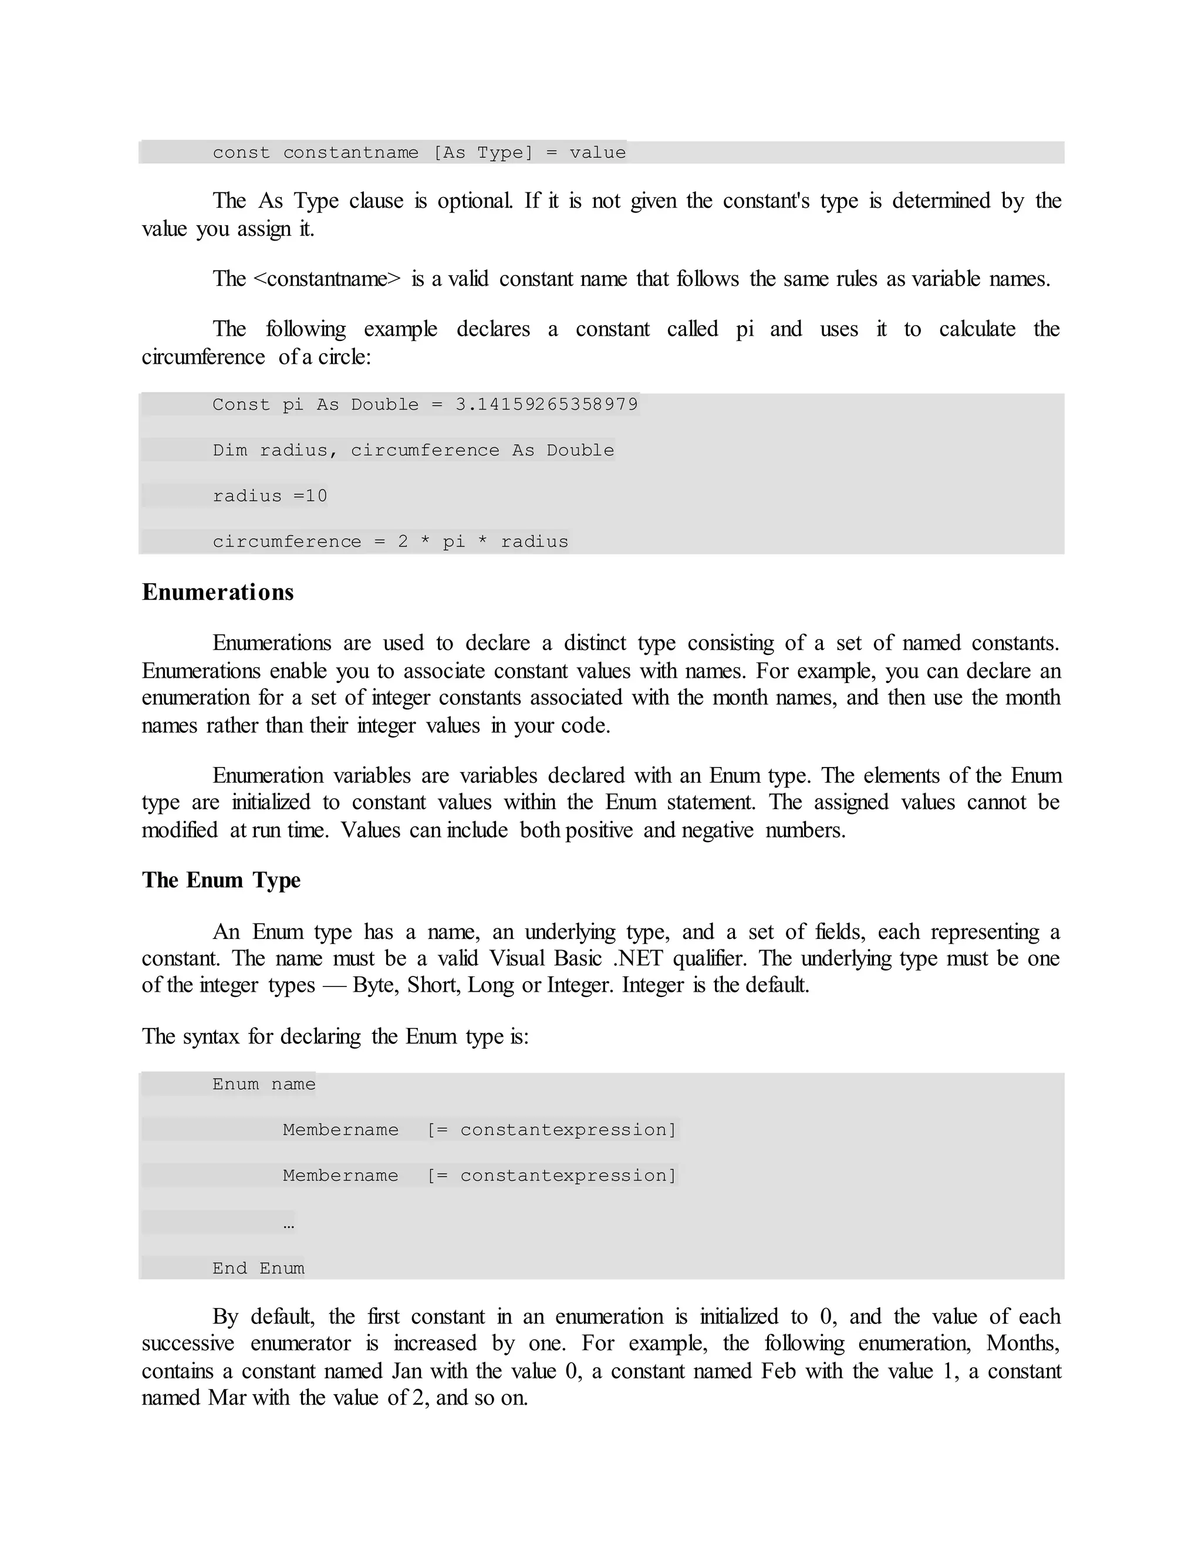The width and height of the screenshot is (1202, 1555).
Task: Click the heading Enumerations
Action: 217,593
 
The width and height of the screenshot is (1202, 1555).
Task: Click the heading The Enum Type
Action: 221,880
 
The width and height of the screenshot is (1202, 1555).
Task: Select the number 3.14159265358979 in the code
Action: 546,404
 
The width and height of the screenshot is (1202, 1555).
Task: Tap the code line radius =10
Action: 270,496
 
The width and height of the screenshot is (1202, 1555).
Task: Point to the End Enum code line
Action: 258,1268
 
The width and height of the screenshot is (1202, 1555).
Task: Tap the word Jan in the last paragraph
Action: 407,1371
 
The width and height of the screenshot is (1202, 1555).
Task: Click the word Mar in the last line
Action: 227,1398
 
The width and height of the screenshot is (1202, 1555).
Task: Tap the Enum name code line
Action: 264,1084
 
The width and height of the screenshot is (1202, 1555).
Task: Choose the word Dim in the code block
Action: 229,450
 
